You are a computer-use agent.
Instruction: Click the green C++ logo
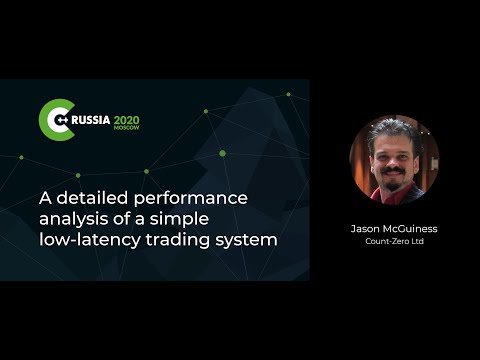click(x=54, y=118)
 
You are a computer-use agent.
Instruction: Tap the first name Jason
click(x=366, y=228)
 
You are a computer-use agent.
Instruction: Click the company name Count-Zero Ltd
click(x=394, y=241)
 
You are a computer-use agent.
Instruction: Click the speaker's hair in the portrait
click(x=391, y=130)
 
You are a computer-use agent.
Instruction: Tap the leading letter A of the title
click(x=46, y=195)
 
